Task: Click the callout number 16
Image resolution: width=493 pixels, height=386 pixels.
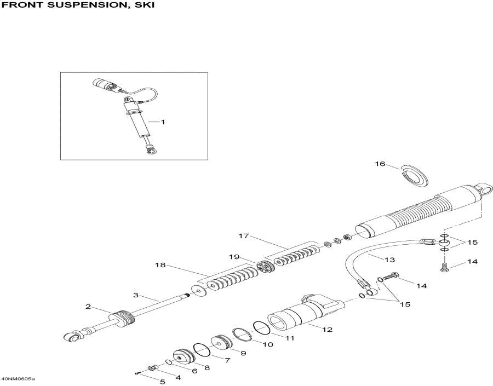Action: coord(380,164)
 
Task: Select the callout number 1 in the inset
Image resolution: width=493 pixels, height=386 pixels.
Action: coord(162,122)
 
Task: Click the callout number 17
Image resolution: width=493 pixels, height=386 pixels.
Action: coord(244,236)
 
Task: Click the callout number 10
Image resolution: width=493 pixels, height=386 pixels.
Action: coord(267,345)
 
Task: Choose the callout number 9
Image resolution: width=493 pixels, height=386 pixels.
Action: coord(243,353)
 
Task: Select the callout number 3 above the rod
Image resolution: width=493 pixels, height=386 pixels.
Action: coord(136,295)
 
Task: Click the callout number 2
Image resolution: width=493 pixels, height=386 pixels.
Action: coord(87,307)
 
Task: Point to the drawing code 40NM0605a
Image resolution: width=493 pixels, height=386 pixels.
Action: coord(18,379)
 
